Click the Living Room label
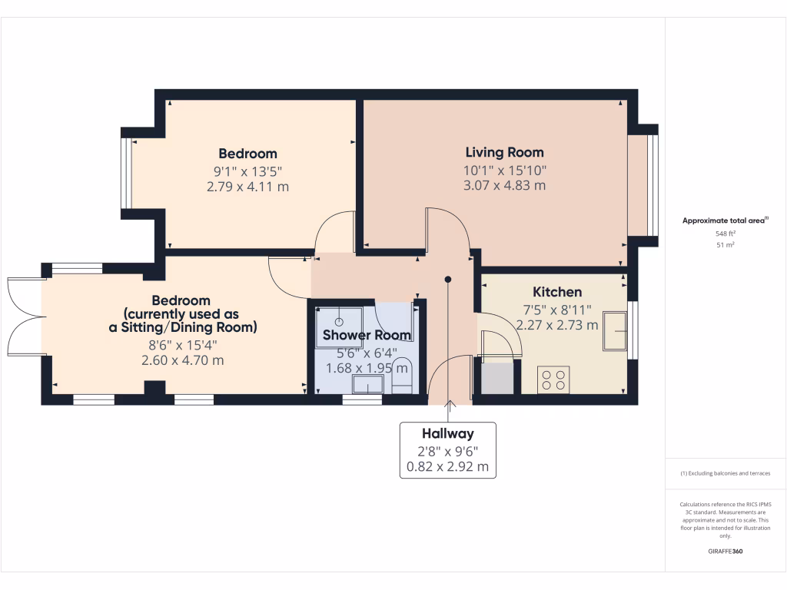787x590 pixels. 504,152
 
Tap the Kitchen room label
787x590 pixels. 557,292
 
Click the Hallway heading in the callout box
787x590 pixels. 447,434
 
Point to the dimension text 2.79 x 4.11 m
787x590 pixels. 247,187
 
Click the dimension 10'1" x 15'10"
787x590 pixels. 504,171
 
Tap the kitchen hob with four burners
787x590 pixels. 553,380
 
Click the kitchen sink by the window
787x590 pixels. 616,331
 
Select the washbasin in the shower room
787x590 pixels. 368,383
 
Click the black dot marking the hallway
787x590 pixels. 448,280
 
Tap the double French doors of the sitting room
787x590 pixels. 23,315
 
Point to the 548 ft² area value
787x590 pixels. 725,234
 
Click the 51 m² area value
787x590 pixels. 725,245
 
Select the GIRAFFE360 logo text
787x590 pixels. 725,552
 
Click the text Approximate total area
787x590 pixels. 723,220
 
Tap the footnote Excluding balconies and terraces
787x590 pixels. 725,473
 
